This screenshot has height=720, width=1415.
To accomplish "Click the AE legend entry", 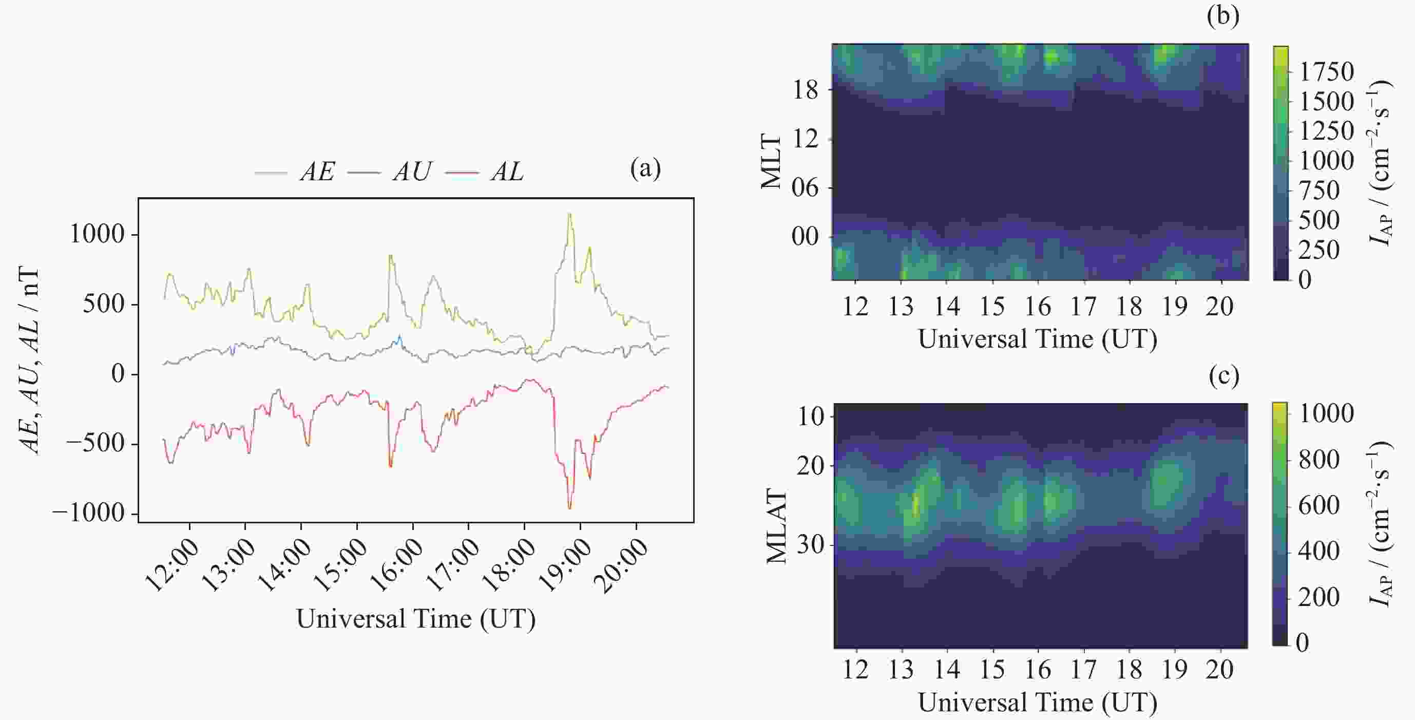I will pos(316,172).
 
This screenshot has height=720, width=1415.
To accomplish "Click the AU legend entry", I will pos(412,172).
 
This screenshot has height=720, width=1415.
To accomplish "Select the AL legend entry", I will pos(506,172).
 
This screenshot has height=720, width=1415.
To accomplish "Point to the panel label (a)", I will pos(645,168).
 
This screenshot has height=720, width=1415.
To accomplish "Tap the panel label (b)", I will pos(1223,16).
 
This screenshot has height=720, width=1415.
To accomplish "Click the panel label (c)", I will pos(1224,376).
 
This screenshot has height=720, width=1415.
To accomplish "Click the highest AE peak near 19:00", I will pos(569,214).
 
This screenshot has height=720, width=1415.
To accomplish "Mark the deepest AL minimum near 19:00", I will pos(569,508).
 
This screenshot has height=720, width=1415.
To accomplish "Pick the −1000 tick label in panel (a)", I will pos(88,514).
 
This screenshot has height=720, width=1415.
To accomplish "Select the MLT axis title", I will pos(771,162).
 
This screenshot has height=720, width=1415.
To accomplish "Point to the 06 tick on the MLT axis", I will pos(805,188).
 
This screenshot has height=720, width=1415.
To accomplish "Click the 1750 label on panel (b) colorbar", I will pos(1326,72).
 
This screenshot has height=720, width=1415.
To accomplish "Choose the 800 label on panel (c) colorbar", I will pos(1319,460).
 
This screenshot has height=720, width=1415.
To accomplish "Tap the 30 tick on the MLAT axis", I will pos(810,545).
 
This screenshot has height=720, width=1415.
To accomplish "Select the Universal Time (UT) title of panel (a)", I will pos(416,619).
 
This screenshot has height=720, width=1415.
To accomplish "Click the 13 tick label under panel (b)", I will pos(901,306).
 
